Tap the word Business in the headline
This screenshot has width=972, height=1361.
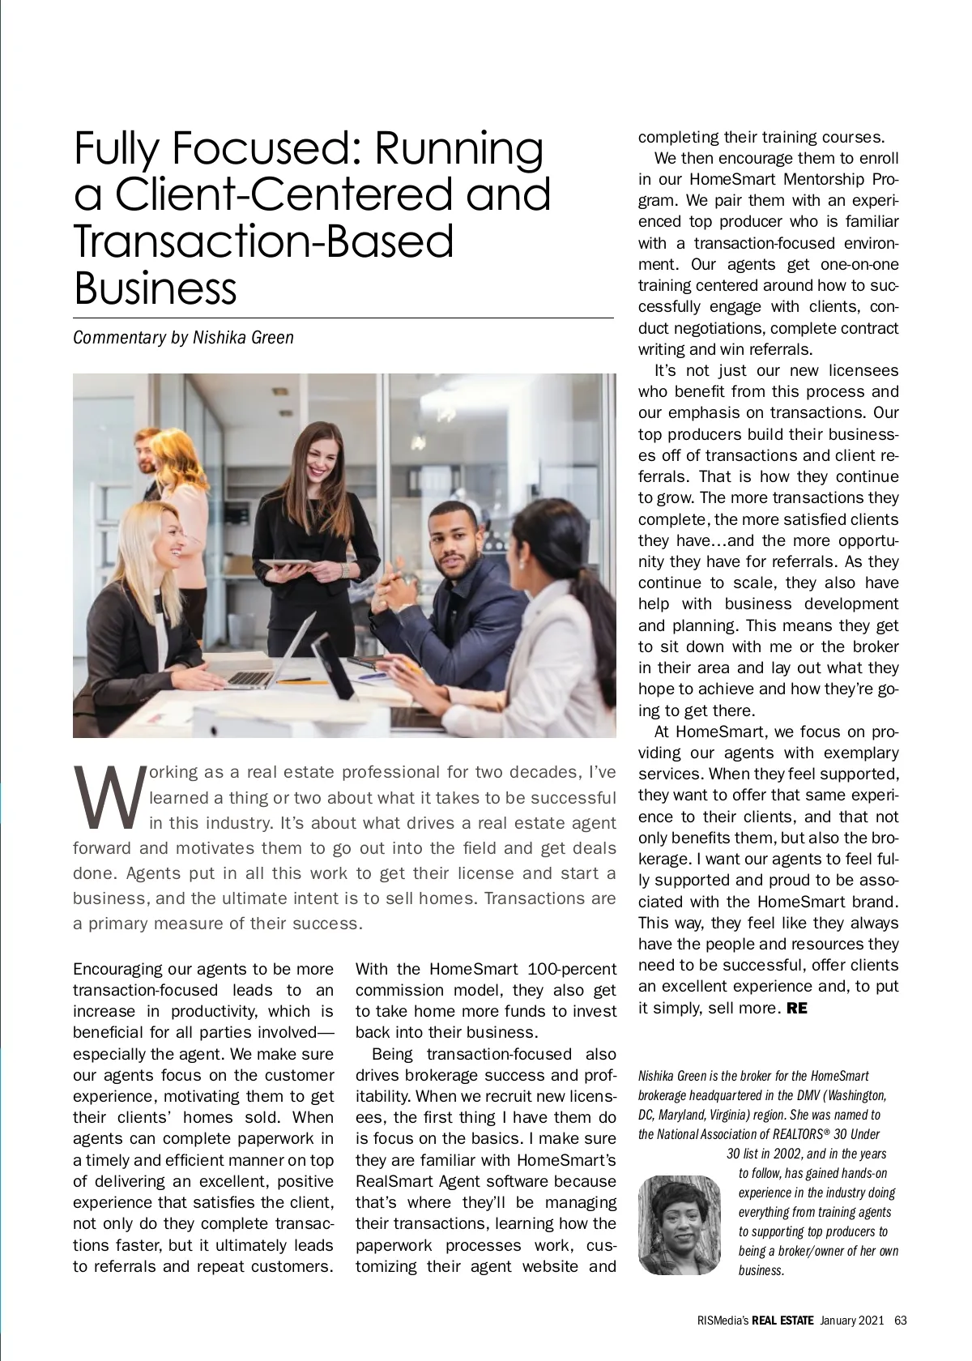(x=155, y=288)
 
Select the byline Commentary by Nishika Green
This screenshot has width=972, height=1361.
(x=183, y=337)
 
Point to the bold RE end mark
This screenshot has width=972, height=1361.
(x=797, y=1009)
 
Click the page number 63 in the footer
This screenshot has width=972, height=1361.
(x=900, y=1320)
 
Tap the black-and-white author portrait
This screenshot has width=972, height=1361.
(x=679, y=1225)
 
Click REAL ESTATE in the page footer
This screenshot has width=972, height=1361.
(x=782, y=1320)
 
